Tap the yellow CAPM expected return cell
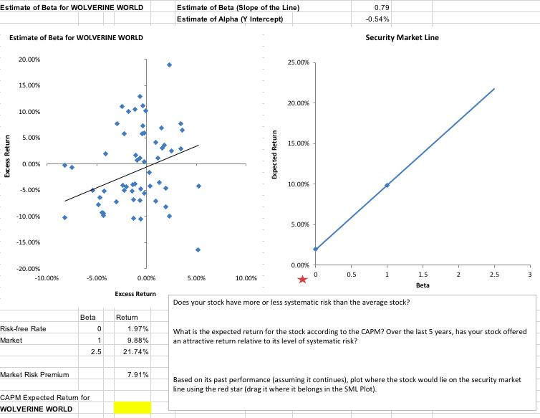click(132, 407)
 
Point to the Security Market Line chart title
click(402, 37)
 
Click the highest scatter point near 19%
click(169, 65)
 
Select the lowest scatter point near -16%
click(198, 250)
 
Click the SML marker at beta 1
click(387, 185)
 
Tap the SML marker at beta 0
click(315, 249)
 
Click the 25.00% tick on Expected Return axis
click(298, 63)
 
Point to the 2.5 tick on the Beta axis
click(494, 275)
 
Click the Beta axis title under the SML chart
click(423, 285)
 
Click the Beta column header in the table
click(87, 316)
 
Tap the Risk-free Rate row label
click(24, 328)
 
